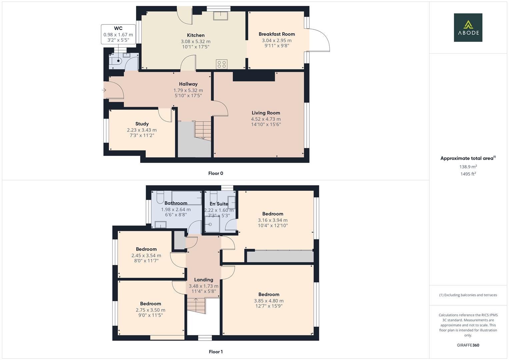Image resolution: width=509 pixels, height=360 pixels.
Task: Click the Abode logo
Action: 468,27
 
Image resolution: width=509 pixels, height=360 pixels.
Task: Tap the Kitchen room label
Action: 196,35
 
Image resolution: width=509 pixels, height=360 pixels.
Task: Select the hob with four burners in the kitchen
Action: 222,64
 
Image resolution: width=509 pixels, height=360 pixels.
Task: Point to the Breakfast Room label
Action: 277,34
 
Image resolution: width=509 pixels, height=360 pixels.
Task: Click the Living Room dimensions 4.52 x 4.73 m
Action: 266,119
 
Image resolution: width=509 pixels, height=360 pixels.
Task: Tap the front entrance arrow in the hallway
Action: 104,90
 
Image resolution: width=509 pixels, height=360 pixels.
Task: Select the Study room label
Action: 142,124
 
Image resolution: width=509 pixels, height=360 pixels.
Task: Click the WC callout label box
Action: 118,34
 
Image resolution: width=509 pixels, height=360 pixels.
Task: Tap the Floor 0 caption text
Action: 216,173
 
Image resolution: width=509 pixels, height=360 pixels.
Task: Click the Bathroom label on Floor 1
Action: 176,203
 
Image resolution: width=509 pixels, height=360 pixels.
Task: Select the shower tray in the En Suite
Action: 211,224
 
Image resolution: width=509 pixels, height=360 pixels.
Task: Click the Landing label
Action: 203,280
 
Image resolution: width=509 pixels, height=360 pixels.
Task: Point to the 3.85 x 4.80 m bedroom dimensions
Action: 269,301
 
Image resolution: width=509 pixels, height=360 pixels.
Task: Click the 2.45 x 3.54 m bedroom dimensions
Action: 146,256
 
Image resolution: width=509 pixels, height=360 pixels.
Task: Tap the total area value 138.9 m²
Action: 468,167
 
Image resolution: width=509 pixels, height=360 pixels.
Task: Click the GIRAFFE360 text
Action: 468,345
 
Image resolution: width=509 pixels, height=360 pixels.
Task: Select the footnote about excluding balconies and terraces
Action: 468,295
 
